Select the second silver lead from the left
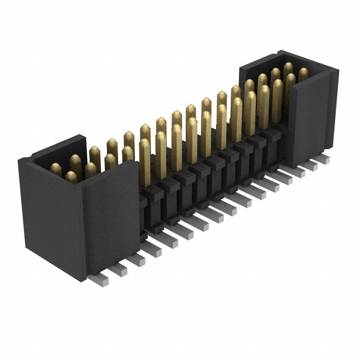click(117, 270)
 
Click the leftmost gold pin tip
click(56, 168)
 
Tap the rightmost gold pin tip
click(304, 72)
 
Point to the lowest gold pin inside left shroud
click(71, 177)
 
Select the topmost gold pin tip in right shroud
click(289, 67)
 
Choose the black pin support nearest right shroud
click(273, 141)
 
